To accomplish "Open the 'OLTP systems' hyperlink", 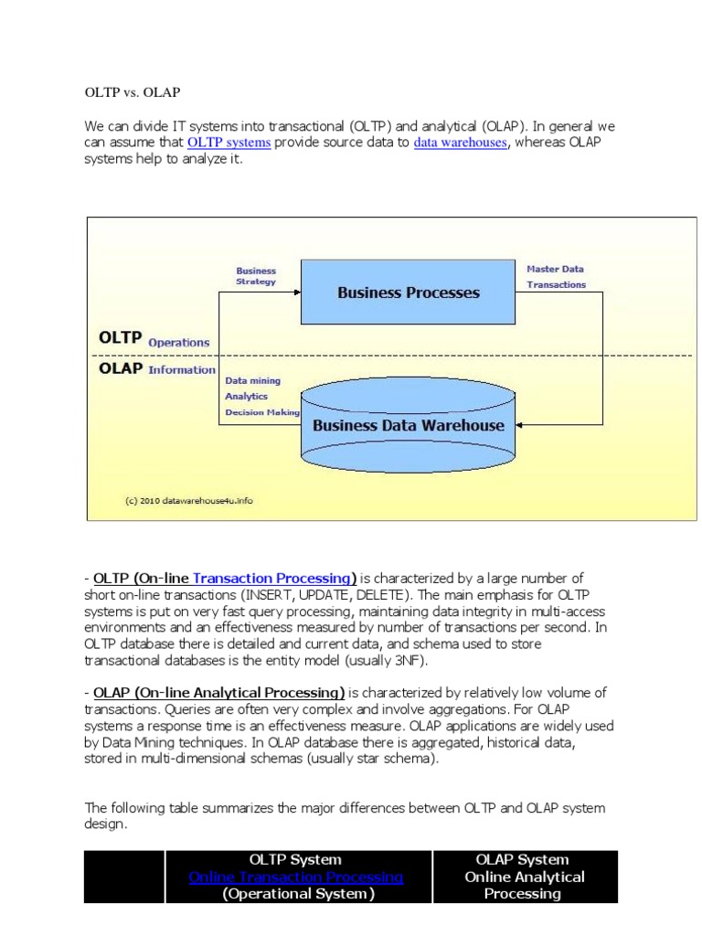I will [229, 143].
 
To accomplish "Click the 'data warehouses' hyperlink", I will [460, 143].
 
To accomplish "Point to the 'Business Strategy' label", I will [256, 276].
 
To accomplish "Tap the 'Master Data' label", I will [555, 270].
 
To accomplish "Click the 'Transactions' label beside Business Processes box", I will [557, 284].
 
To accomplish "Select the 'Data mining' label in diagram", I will [253, 380].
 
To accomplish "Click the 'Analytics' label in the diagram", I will [246, 397].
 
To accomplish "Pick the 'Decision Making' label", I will [262, 413].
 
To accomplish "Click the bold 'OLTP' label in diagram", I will [120, 337].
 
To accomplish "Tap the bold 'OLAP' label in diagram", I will [120, 369].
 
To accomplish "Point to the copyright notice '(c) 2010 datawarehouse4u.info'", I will [187, 501].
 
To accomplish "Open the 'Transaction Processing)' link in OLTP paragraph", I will [274, 578].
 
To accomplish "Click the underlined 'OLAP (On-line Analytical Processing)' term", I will [218, 692].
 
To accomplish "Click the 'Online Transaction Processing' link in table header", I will [295, 877].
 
